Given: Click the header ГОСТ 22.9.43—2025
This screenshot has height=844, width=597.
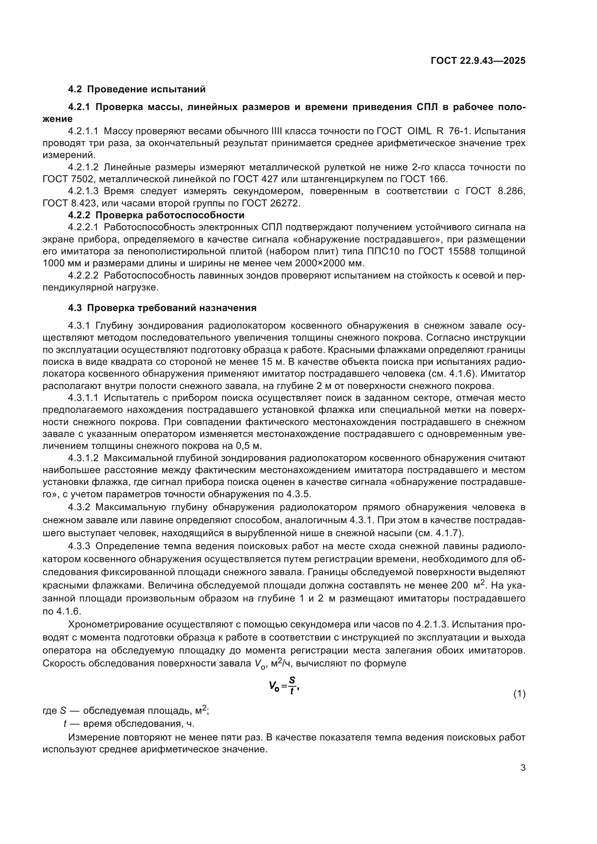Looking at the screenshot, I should [478, 61].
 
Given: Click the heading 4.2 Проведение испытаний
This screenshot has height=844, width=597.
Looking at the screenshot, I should [137, 89].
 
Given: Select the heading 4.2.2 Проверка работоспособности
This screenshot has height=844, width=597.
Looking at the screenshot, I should [156, 215].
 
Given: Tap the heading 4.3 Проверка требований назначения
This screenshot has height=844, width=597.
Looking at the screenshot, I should [162, 308].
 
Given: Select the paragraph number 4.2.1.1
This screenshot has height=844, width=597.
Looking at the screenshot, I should [83, 131].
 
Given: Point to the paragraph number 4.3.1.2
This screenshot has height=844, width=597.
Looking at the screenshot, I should [83, 458].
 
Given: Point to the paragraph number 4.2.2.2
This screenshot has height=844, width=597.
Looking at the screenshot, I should [83, 275].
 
